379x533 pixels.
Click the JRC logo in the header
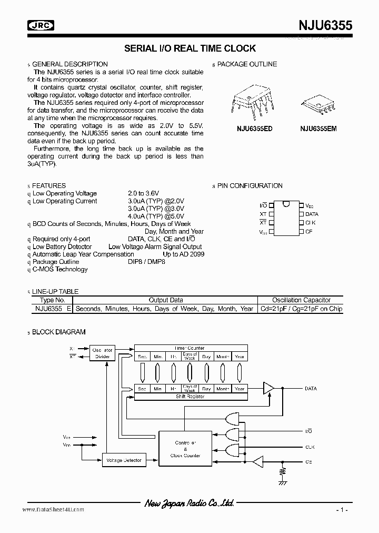[41, 24]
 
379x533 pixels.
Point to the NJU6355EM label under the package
[318, 129]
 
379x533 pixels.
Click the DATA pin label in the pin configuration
[312, 214]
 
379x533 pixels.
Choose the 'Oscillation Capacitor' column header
[301, 300]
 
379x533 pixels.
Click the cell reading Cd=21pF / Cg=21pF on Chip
[301, 309]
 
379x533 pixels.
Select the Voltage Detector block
[124, 460]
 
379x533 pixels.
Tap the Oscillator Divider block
[102, 353]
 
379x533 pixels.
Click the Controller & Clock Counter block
[185, 448]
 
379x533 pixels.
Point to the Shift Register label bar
[191, 397]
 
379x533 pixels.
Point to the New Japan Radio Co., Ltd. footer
[189, 504]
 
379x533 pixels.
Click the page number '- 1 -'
[342, 510]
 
